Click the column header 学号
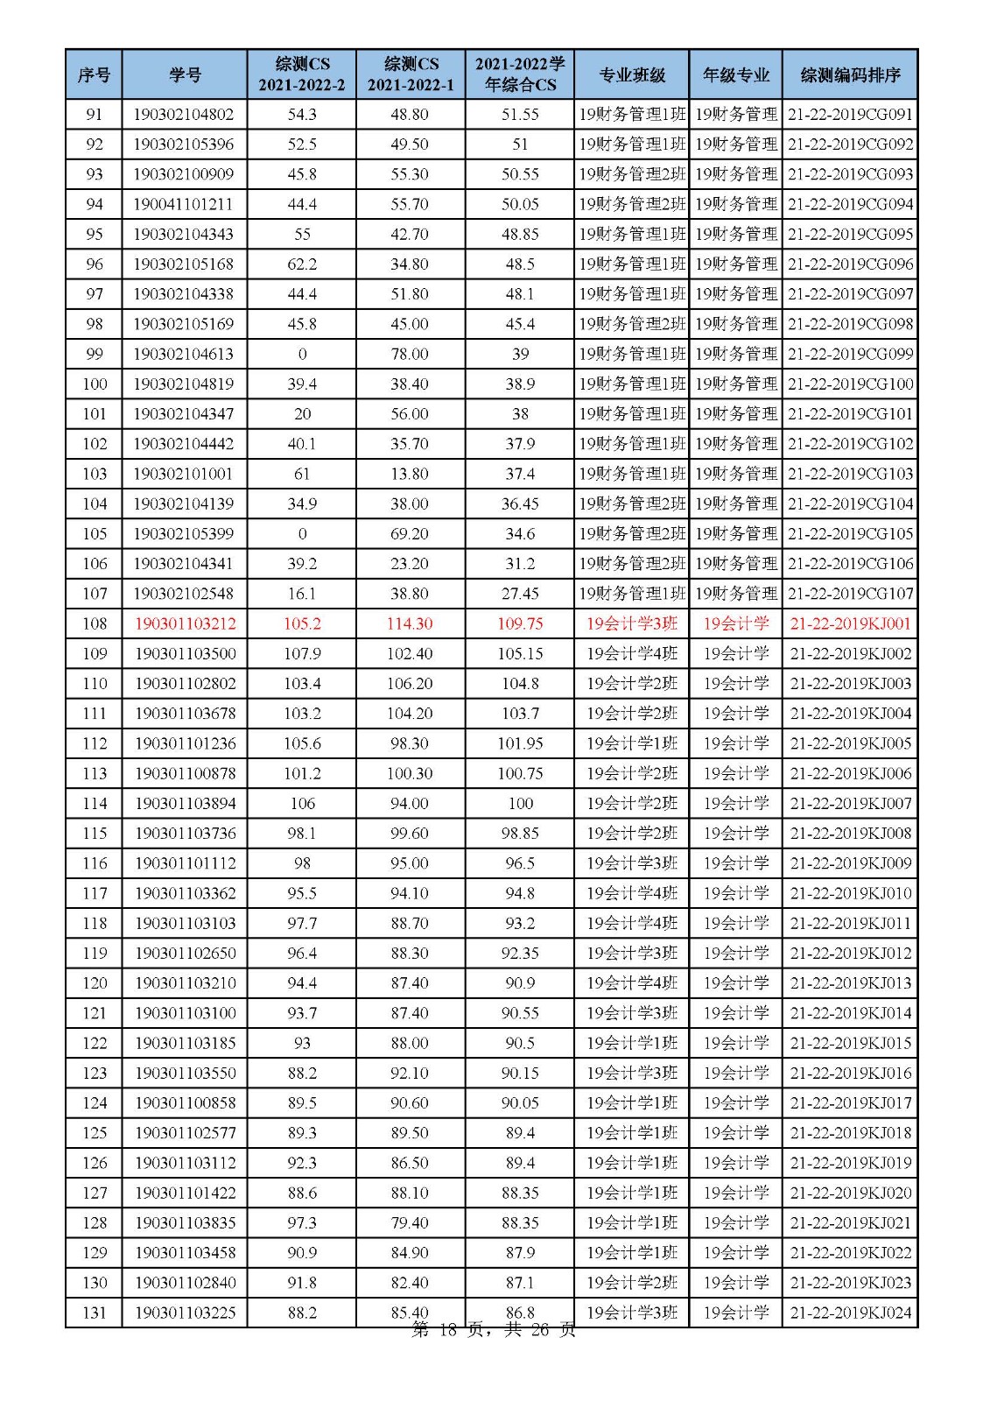pos(185,74)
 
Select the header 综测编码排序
pos(850,74)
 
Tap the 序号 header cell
pos(94,74)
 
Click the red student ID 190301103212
pos(185,623)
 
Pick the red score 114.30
pos(410,623)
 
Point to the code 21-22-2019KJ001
pos(850,623)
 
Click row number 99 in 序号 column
pos(94,354)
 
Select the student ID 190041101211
pos(185,204)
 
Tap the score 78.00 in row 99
pos(410,354)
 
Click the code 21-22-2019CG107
pos(850,594)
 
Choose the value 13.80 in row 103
pos(410,474)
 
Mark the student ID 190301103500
pos(185,653)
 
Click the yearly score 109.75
pos(520,623)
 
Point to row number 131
pos(94,1313)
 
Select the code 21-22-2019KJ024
pos(850,1313)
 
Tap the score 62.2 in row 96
pos(302,264)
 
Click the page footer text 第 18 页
pos(446,1330)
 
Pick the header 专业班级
pos(632,74)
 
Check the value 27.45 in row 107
pos(520,594)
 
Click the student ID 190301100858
pos(185,1102)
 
